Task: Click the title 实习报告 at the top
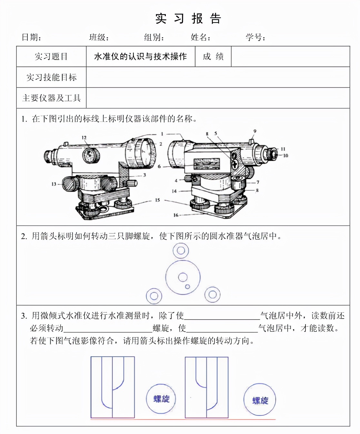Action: pyautogui.click(x=188, y=18)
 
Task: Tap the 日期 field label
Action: pyautogui.click(x=31, y=37)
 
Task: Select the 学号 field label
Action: pyautogui.click(x=255, y=37)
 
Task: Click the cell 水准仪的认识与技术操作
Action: pyautogui.click(x=140, y=56)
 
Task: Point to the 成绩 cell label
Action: pyautogui.click(x=213, y=56)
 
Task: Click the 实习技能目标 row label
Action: pyautogui.click(x=51, y=77)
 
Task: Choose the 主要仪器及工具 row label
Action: pyautogui.click(x=51, y=98)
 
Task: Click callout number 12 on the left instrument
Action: pyautogui.click(x=84, y=138)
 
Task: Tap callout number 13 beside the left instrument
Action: pyautogui.click(x=54, y=184)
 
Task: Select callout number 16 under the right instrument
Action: pyautogui.click(x=176, y=215)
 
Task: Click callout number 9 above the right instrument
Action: pyautogui.click(x=255, y=131)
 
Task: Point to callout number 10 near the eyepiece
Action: pyautogui.click(x=285, y=156)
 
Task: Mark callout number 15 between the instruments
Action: pyautogui.click(x=157, y=200)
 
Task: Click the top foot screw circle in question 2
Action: pyautogui.click(x=181, y=251)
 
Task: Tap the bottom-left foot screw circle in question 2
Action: pyautogui.click(x=154, y=296)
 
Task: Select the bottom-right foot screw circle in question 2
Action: pyautogui.click(x=212, y=294)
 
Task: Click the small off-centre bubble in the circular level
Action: pyautogui.click(x=187, y=286)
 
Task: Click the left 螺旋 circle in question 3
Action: pyautogui.click(x=161, y=399)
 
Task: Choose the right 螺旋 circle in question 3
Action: pyautogui.click(x=260, y=400)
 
